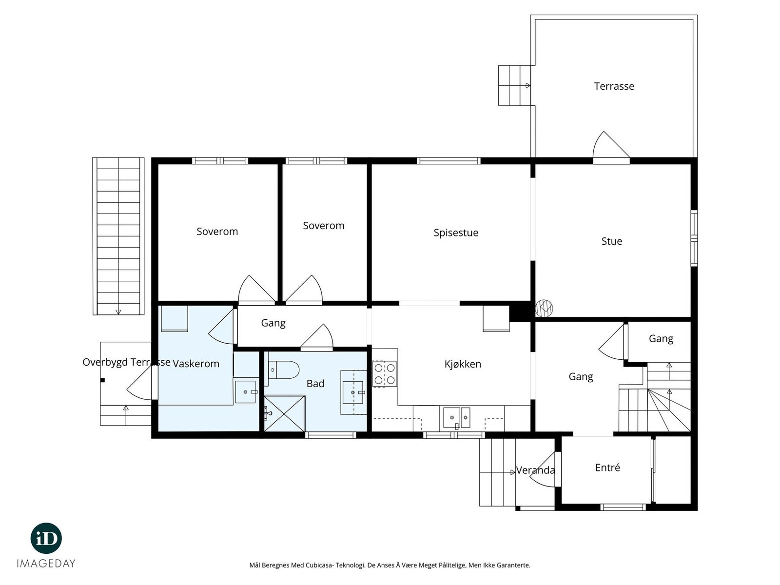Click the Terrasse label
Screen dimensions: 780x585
pyautogui.click(x=614, y=86)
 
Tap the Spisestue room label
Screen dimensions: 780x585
pyautogui.click(x=455, y=233)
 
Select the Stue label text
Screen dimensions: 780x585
pyautogui.click(x=611, y=241)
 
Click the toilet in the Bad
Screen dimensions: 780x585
pyautogui.click(x=281, y=370)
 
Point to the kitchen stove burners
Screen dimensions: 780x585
pyautogui.click(x=384, y=374)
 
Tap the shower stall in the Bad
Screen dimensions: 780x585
pyautogui.click(x=284, y=414)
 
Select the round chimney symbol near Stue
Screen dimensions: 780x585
pyautogui.click(x=544, y=308)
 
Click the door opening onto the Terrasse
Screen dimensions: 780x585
pyautogui.click(x=611, y=147)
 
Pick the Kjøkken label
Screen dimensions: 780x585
pyautogui.click(x=462, y=364)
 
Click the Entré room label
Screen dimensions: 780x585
pyautogui.click(x=607, y=468)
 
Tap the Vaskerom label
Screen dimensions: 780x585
pyautogui.click(x=196, y=364)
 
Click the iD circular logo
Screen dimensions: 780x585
pyautogui.click(x=46, y=538)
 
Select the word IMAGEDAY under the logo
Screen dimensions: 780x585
pyautogui.click(x=46, y=564)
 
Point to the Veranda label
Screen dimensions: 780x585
pyautogui.click(x=535, y=470)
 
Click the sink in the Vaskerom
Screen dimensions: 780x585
pyautogui.click(x=246, y=392)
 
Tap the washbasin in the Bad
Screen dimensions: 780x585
pyautogui.click(x=352, y=392)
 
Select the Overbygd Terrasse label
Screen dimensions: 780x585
pyautogui.click(x=126, y=362)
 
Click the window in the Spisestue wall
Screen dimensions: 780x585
pyautogui.click(x=448, y=160)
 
